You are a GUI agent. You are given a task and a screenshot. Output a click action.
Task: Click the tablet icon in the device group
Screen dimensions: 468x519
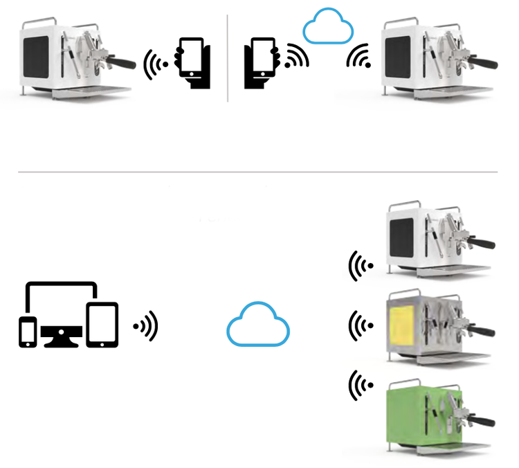[x=102, y=324]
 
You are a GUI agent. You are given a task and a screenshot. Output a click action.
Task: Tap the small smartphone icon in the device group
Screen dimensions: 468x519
[x=28, y=332]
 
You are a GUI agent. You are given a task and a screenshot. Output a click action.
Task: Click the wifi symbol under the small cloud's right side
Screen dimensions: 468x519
[x=358, y=57]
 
